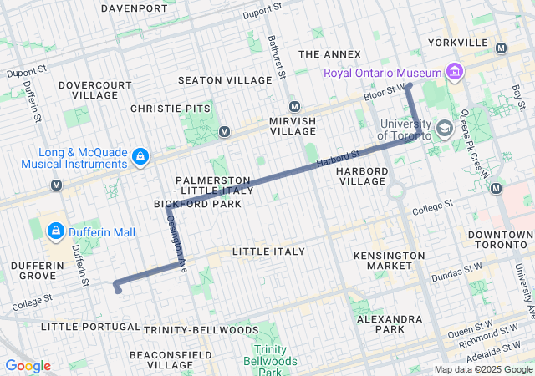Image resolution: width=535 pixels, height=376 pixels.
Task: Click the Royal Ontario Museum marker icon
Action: tap(455, 73)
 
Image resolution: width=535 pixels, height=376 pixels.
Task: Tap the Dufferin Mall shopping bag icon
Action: tap(55, 229)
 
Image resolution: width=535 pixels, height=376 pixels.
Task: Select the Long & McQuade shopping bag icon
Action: tap(141, 155)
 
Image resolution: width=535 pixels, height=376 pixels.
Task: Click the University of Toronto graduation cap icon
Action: tap(444, 129)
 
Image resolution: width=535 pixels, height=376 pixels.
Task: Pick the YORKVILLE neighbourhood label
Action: tap(456, 42)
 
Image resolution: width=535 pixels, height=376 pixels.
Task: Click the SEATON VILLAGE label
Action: tap(225, 80)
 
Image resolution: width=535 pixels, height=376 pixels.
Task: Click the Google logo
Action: tap(28, 366)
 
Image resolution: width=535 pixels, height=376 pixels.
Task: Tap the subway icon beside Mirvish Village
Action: tap(294, 106)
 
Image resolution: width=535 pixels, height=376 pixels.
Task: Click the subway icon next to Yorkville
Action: tap(501, 48)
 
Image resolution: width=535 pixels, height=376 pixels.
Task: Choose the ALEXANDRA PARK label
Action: tap(389, 324)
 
